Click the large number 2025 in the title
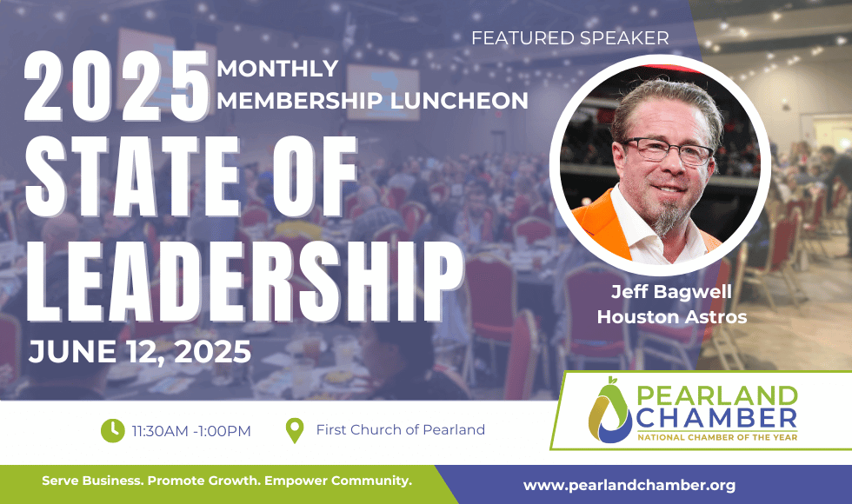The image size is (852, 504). tap(116, 86)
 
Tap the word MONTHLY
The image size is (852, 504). tap(277, 69)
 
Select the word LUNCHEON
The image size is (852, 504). tap(459, 101)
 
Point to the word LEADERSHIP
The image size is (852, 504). tap(244, 282)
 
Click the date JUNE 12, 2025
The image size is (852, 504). tap(140, 352)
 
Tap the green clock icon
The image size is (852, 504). tap(113, 430)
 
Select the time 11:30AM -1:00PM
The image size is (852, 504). tap(191, 431)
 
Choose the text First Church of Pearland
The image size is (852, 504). tap(401, 429)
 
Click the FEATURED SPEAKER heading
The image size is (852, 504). tap(570, 38)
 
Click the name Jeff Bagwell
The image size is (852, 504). tap(671, 292)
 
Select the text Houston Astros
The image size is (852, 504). tap(672, 316)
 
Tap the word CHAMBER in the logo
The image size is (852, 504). tap(716, 418)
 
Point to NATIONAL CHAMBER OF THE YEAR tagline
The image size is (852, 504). tap(717, 437)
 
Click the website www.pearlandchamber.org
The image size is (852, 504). tap(629, 485)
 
